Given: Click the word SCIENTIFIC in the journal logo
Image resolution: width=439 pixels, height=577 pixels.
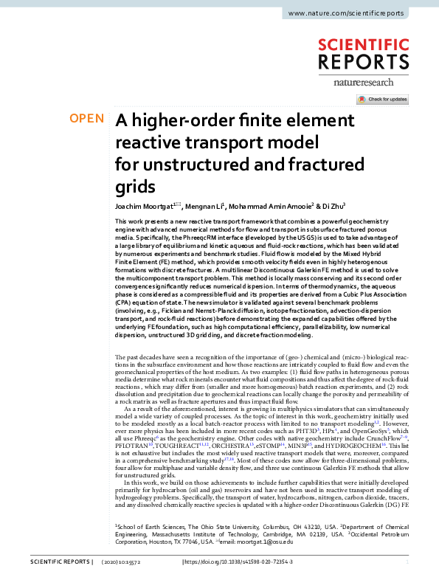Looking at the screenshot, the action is (x=364, y=46).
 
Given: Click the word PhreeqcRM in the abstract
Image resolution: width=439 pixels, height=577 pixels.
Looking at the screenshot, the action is (x=195, y=237).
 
